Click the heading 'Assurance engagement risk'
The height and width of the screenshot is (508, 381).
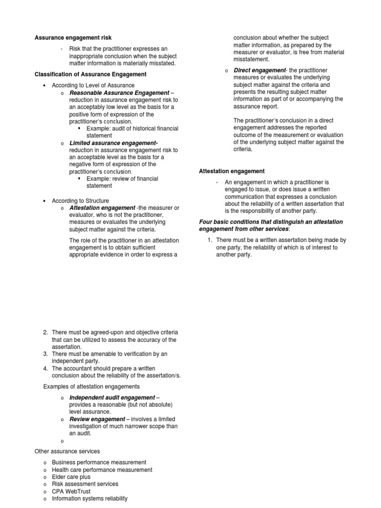point(73,38)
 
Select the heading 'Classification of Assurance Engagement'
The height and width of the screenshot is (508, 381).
point(90,74)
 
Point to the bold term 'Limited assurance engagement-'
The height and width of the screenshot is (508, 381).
point(114,143)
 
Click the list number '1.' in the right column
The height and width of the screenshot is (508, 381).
point(210,240)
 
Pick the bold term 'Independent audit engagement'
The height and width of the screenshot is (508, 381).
point(112,397)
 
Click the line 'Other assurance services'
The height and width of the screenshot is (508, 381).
point(67,451)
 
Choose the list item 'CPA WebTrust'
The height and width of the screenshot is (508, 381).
point(71,491)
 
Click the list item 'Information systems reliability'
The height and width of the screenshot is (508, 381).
point(89,499)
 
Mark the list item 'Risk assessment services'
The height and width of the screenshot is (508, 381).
point(85,484)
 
